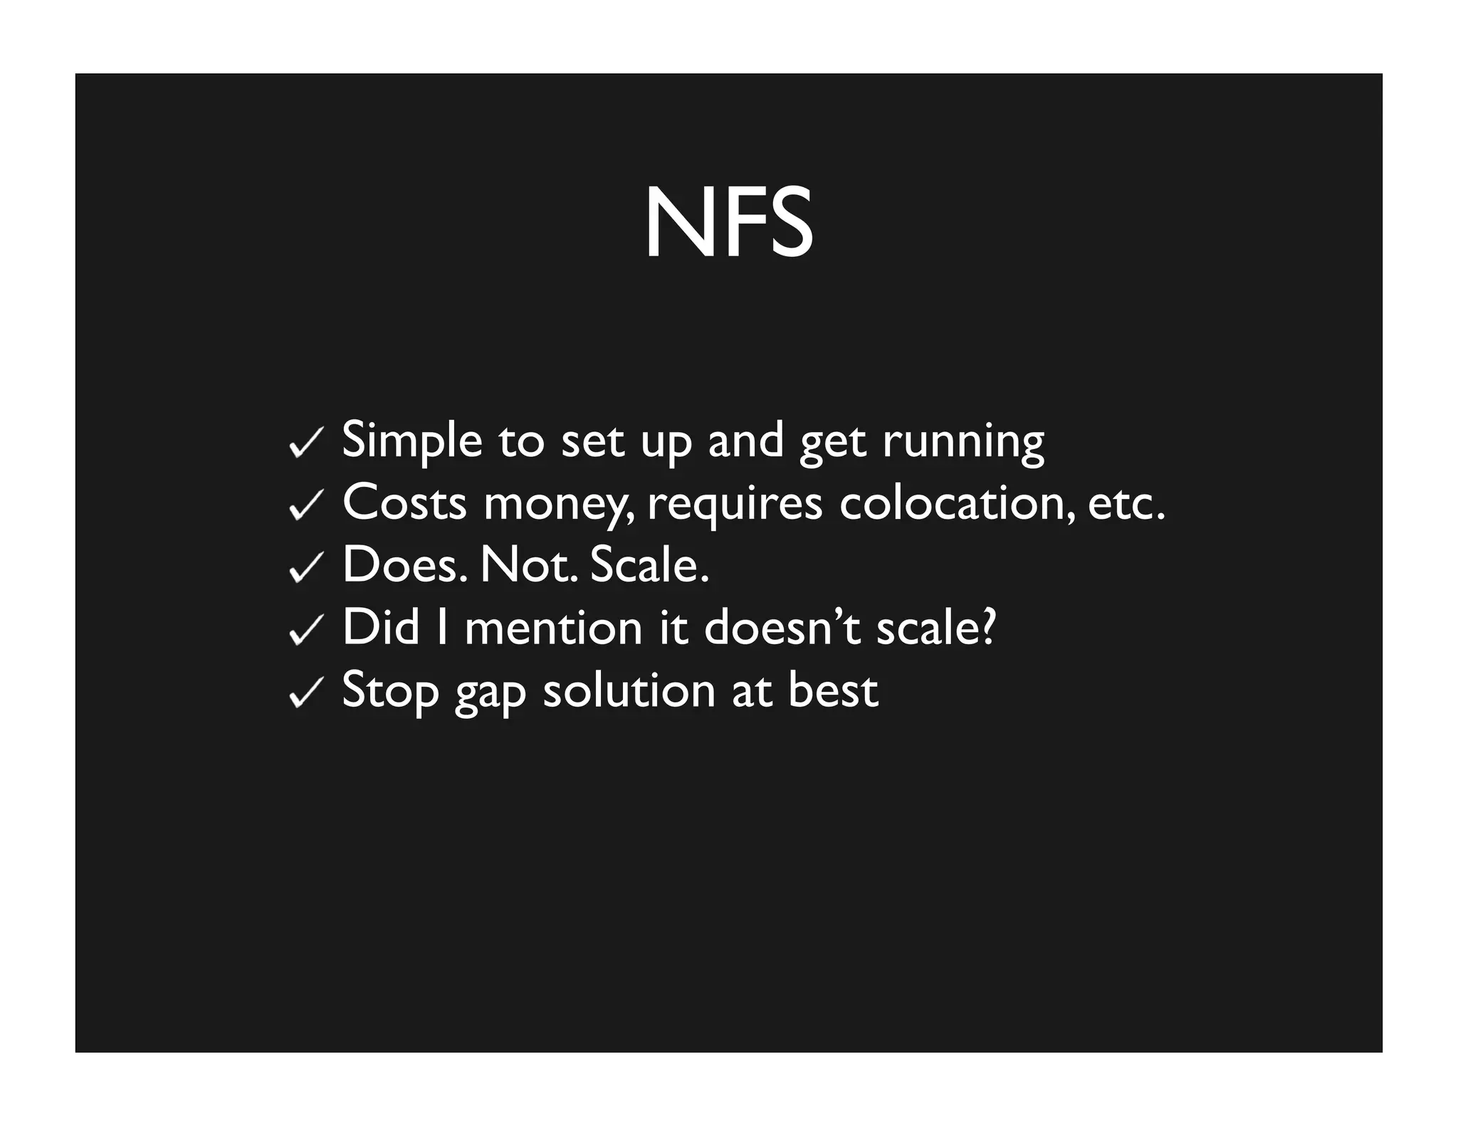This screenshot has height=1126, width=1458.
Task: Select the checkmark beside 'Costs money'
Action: tap(307, 506)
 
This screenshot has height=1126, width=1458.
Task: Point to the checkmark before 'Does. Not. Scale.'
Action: tap(307, 568)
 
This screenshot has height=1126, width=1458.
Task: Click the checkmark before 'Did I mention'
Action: tap(307, 631)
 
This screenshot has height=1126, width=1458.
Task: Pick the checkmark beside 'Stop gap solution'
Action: tap(307, 693)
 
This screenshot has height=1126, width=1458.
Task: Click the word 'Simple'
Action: tap(412, 441)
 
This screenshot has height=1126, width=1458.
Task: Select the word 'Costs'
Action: tap(404, 503)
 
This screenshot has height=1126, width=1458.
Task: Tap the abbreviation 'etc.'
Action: tap(1126, 503)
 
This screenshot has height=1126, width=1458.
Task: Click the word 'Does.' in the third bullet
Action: tap(404, 564)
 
